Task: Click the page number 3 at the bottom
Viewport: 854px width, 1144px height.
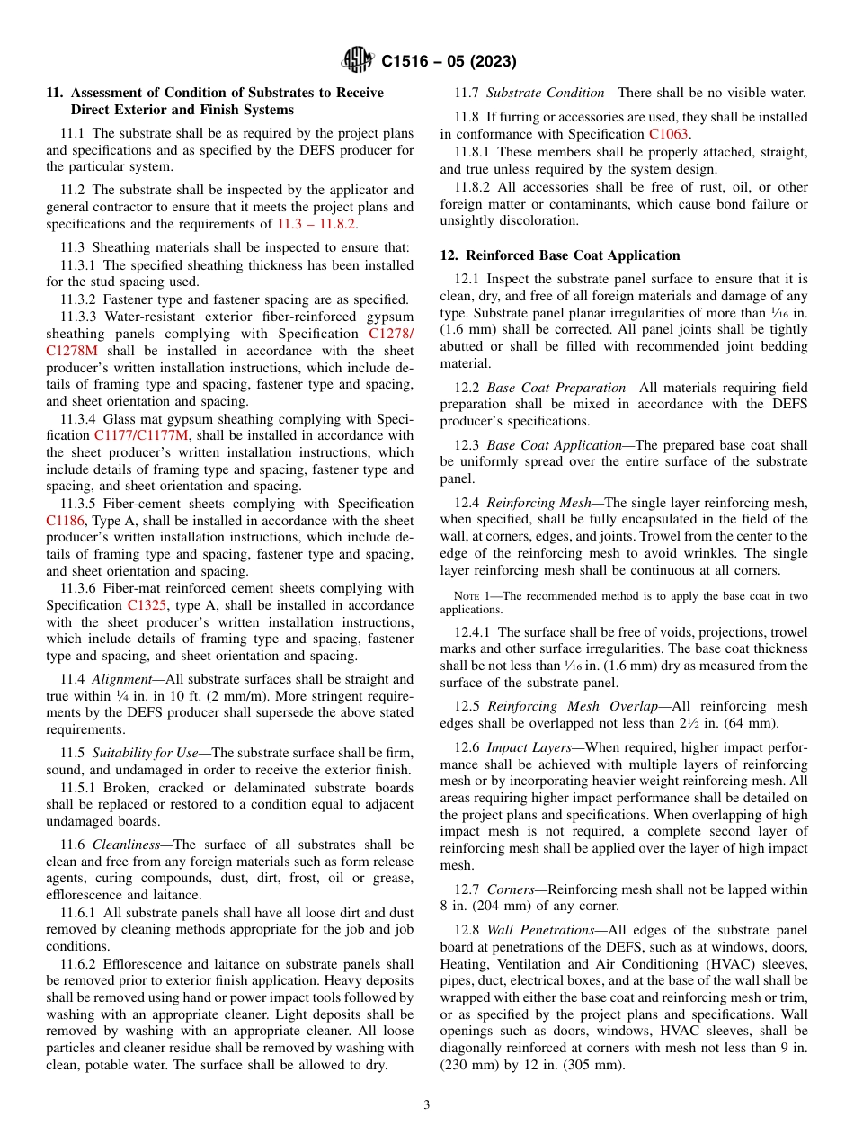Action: (x=427, y=1104)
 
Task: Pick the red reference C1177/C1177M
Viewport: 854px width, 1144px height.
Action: (x=141, y=436)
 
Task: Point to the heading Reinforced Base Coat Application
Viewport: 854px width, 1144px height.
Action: (x=573, y=255)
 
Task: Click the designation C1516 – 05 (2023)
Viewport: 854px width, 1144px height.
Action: (x=449, y=62)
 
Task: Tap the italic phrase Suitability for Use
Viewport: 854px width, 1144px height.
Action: (x=146, y=752)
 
